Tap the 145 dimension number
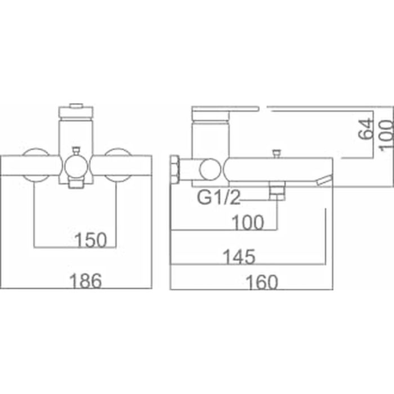coord(239,257)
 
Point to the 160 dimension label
coord(261,281)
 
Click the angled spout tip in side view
coord(324,180)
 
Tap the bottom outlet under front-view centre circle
coord(75,182)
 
